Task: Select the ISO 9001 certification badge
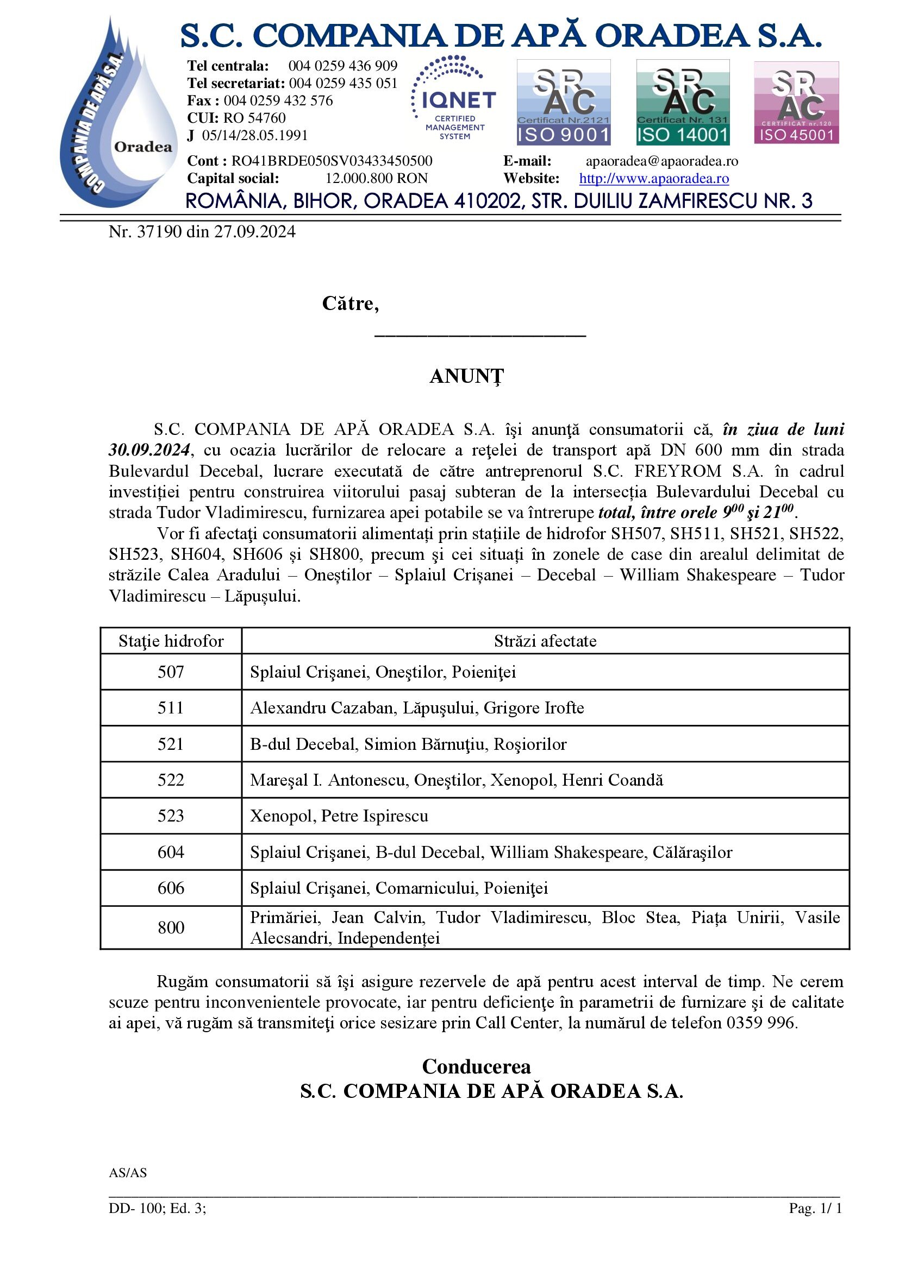click(563, 102)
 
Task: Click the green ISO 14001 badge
click(683, 102)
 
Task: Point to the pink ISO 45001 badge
click(796, 103)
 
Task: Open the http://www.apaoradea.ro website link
click(654, 179)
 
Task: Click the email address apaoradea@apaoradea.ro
click(661, 161)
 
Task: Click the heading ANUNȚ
click(467, 376)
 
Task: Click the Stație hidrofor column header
click(171, 641)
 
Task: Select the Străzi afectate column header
click(545, 641)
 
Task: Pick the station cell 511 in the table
click(171, 708)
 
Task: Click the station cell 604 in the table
click(171, 852)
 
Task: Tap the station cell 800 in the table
click(171, 927)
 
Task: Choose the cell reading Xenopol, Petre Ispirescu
click(339, 817)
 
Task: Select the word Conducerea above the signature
click(476, 1066)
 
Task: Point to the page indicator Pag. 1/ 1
click(815, 1208)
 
